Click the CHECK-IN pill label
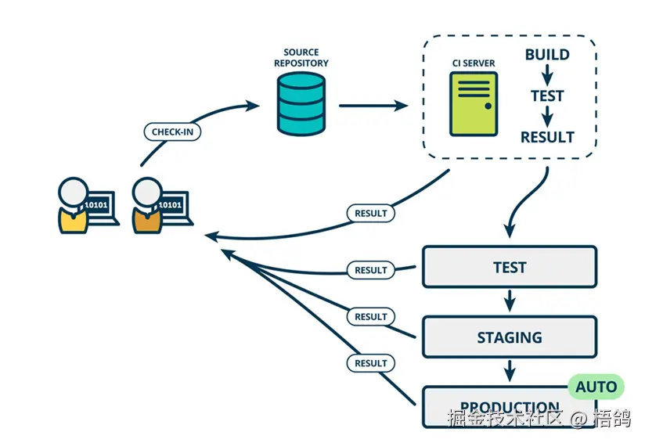(x=172, y=131)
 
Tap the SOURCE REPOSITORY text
(x=301, y=58)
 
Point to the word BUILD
(x=547, y=55)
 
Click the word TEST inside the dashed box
(x=547, y=95)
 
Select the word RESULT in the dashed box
(x=547, y=137)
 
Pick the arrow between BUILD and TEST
(x=547, y=75)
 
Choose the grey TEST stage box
(x=510, y=267)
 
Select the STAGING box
(x=510, y=337)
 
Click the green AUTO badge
(x=596, y=386)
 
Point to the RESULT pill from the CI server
(x=371, y=213)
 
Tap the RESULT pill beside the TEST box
(x=371, y=270)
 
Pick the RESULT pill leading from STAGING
(x=371, y=317)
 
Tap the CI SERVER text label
(x=473, y=63)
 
